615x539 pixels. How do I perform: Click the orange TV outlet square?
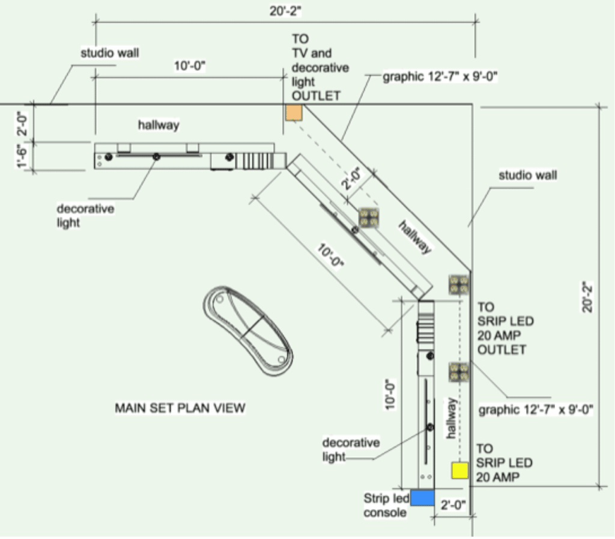pyautogui.click(x=294, y=113)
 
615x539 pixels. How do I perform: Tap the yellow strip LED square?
pyautogui.click(x=460, y=470)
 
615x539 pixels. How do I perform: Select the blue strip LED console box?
pyautogui.click(x=422, y=498)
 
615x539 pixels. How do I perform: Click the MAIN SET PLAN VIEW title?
pyautogui.click(x=180, y=408)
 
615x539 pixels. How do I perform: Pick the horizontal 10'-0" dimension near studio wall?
pyautogui.click(x=190, y=65)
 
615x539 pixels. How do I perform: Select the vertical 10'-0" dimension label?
pyautogui.click(x=391, y=394)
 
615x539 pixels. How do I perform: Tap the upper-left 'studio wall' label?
pyautogui.click(x=110, y=53)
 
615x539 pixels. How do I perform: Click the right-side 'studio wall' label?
pyautogui.click(x=528, y=175)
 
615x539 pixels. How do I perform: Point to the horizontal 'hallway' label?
pyautogui.click(x=159, y=125)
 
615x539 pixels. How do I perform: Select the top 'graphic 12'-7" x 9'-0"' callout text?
pyautogui.click(x=441, y=77)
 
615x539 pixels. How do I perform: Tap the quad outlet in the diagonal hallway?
pyautogui.click(x=369, y=217)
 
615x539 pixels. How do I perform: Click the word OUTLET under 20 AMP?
pyautogui.click(x=501, y=350)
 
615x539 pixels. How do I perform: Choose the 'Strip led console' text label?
pyautogui.click(x=386, y=505)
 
